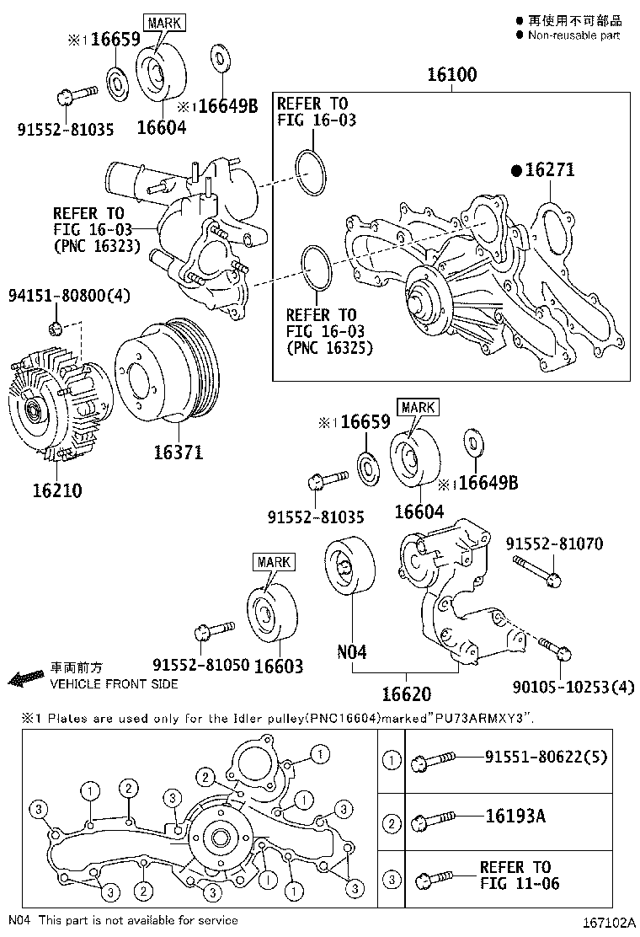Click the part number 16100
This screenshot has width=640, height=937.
coord(451,75)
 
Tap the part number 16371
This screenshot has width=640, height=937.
coord(177,452)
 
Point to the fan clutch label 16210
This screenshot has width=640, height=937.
coord(57,490)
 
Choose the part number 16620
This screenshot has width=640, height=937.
coord(406,694)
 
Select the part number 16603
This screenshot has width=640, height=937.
coord(278,667)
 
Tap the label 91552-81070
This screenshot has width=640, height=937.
coord(554,544)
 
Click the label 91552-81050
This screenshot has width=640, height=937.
coord(200,665)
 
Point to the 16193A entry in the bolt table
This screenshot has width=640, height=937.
coord(515,816)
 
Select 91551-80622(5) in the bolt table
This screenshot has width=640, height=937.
coord(545,758)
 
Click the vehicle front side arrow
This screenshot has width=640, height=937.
coord(25,677)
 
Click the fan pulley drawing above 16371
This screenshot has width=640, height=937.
coord(164,371)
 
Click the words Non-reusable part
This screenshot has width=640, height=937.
coord(573,35)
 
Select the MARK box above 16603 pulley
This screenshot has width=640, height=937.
coord(274,562)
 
